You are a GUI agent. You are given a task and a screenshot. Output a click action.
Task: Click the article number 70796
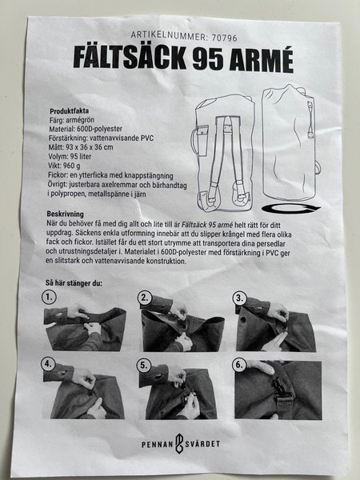(x=224, y=38)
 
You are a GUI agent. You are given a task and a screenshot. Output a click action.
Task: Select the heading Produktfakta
(x=69, y=111)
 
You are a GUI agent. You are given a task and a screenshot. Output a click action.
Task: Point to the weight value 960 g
(x=72, y=166)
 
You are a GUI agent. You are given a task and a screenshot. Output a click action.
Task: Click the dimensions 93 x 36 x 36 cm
(x=89, y=147)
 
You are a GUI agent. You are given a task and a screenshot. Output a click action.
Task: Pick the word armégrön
(x=80, y=120)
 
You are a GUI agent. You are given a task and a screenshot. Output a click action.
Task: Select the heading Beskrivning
(x=66, y=214)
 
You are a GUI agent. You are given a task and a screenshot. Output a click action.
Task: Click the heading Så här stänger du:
(x=74, y=283)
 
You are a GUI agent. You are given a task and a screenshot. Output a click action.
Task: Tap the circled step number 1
(x=49, y=297)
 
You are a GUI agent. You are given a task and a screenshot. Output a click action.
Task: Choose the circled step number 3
(x=240, y=298)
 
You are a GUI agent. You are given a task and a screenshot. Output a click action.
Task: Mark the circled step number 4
(x=48, y=364)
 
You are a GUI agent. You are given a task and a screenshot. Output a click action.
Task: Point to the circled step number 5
(x=144, y=365)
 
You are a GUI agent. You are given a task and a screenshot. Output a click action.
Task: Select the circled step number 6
(x=239, y=365)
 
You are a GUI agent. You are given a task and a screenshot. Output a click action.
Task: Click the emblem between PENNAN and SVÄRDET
(x=179, y=443)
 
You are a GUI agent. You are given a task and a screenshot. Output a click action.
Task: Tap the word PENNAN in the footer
(x=158, y=444)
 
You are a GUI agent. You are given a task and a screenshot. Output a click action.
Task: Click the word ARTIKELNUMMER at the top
(x=170, y=35)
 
